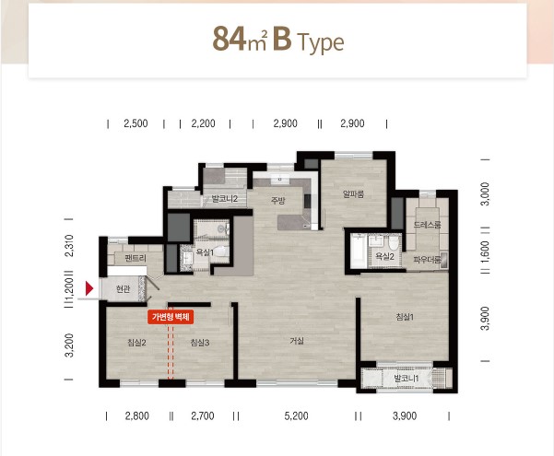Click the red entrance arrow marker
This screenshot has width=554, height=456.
click(x=89, y=288)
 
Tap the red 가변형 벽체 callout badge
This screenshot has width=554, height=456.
click(x=171, y=317)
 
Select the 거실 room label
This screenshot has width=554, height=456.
click(x=297, y=341)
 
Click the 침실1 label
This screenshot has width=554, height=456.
click(x=405, y=317)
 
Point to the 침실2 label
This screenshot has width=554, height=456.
click(x=136, y=343)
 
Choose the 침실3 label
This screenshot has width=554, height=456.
click(x=200, y=343)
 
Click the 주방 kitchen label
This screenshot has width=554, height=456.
click(x=277, y=201)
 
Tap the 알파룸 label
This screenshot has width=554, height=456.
click(x=353, y=193)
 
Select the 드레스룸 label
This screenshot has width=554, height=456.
click(x=427, y=225)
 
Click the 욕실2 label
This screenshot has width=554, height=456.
click(x=384, y=256)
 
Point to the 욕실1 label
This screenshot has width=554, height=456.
click(x=205, y=252)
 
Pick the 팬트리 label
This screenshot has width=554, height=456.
click(x=136, y=258)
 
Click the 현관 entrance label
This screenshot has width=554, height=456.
click(x=123, y=289)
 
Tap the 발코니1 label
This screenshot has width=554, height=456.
click(x=407, y=379)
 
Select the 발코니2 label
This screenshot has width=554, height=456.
click(x=225, y=198)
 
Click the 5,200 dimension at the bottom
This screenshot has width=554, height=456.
click(x=296, y=415)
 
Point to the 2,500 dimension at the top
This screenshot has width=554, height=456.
click(x=136, y=123)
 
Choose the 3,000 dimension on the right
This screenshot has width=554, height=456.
click(x=486, y=193)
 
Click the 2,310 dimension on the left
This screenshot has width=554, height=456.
click(x=69, y=245)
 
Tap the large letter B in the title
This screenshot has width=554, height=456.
click(x=282, y=39)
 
